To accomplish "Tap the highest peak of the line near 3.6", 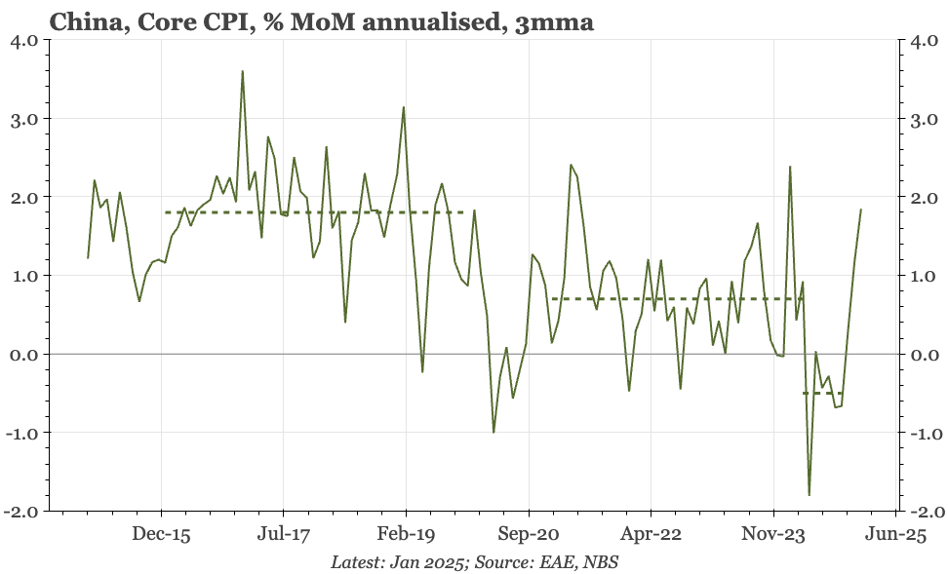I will pos(242,71).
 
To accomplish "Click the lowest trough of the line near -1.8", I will pos(809,495).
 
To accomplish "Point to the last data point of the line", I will pos(860,210).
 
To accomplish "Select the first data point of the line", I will pos(88,258).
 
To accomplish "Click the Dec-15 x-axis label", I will pos(161,534).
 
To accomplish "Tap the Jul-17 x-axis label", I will pos(283,534).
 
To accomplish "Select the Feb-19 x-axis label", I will pos(406,534).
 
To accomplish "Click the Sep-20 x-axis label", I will pos(529,534).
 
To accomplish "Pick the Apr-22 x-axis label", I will pos(652,534).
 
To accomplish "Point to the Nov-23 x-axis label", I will pos(773,534).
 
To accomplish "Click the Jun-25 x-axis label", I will pos(895,534).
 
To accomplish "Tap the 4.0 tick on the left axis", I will pos(24,41).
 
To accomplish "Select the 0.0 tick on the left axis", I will pos(24,355).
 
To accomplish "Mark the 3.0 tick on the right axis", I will pos(925,119).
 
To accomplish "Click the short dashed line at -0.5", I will pos(822,393).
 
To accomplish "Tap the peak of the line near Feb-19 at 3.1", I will pos(403,107).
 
